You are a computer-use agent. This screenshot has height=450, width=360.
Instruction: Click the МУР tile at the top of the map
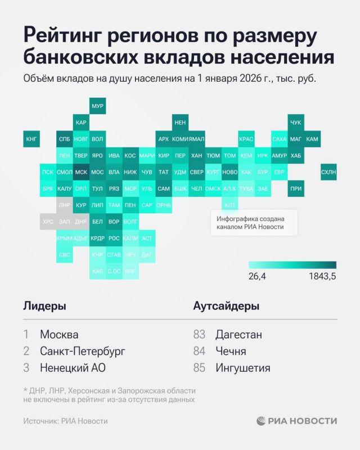97,106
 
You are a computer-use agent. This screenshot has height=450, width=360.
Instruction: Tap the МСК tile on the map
81,172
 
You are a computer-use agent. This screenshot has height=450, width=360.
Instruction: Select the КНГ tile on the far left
31,139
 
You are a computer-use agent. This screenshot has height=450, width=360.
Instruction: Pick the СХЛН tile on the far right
328,172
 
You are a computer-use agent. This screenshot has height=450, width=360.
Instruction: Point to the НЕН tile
180,122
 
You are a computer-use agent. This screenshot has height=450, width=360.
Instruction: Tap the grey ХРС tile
48,222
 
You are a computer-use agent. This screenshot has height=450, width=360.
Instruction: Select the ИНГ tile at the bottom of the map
130,271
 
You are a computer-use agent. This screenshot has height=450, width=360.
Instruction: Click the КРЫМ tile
64,238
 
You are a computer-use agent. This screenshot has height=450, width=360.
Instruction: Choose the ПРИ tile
295,189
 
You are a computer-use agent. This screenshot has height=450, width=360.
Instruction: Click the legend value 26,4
257,276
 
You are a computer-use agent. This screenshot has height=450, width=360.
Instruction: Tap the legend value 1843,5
322,276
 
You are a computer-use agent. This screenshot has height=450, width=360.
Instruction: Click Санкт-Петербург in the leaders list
83,351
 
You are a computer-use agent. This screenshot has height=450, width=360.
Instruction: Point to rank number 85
199,368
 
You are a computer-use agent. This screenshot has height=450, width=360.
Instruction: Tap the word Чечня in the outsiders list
231,351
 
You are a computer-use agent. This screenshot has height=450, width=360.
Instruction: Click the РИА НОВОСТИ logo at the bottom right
297,421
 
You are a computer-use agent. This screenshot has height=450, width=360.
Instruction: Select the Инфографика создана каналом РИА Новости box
254,222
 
